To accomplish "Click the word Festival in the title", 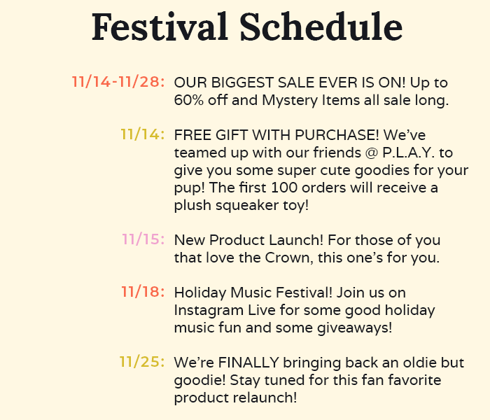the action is (160, 27).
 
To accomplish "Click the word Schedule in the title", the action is (321, 27).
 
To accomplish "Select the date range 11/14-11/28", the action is (118, 82).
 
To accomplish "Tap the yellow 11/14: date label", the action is (143, 134).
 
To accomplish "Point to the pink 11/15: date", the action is (143, 239).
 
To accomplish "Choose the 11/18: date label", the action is (143, 292).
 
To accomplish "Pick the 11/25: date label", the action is (142, 362).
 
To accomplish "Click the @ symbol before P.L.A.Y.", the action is (372, 153).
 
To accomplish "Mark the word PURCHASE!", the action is (337, 135).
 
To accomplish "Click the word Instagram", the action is (209, 311).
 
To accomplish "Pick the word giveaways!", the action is (355, 328).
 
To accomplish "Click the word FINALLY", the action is (248, 363).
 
